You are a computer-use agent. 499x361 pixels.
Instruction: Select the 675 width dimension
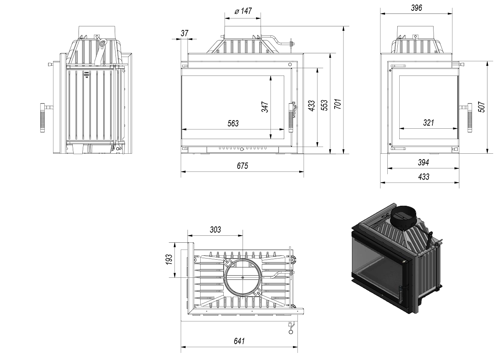242,166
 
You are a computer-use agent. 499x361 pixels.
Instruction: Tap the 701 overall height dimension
337,104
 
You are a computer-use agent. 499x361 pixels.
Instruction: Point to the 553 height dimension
324,105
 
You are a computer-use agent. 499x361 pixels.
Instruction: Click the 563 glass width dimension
233,123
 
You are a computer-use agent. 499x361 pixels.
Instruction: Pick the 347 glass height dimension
265,107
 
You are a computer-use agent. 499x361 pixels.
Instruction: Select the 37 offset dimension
184,34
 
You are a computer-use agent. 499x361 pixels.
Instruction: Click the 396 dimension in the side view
417,8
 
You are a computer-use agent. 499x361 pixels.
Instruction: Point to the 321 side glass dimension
428,123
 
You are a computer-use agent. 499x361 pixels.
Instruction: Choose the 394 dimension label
423,163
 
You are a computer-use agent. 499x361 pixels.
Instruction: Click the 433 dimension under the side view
423,177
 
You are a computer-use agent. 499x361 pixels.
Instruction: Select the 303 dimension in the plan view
215,230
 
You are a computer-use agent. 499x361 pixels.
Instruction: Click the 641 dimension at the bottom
239,341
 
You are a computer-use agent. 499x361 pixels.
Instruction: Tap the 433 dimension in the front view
311,105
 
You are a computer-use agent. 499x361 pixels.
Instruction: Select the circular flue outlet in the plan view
243,277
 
